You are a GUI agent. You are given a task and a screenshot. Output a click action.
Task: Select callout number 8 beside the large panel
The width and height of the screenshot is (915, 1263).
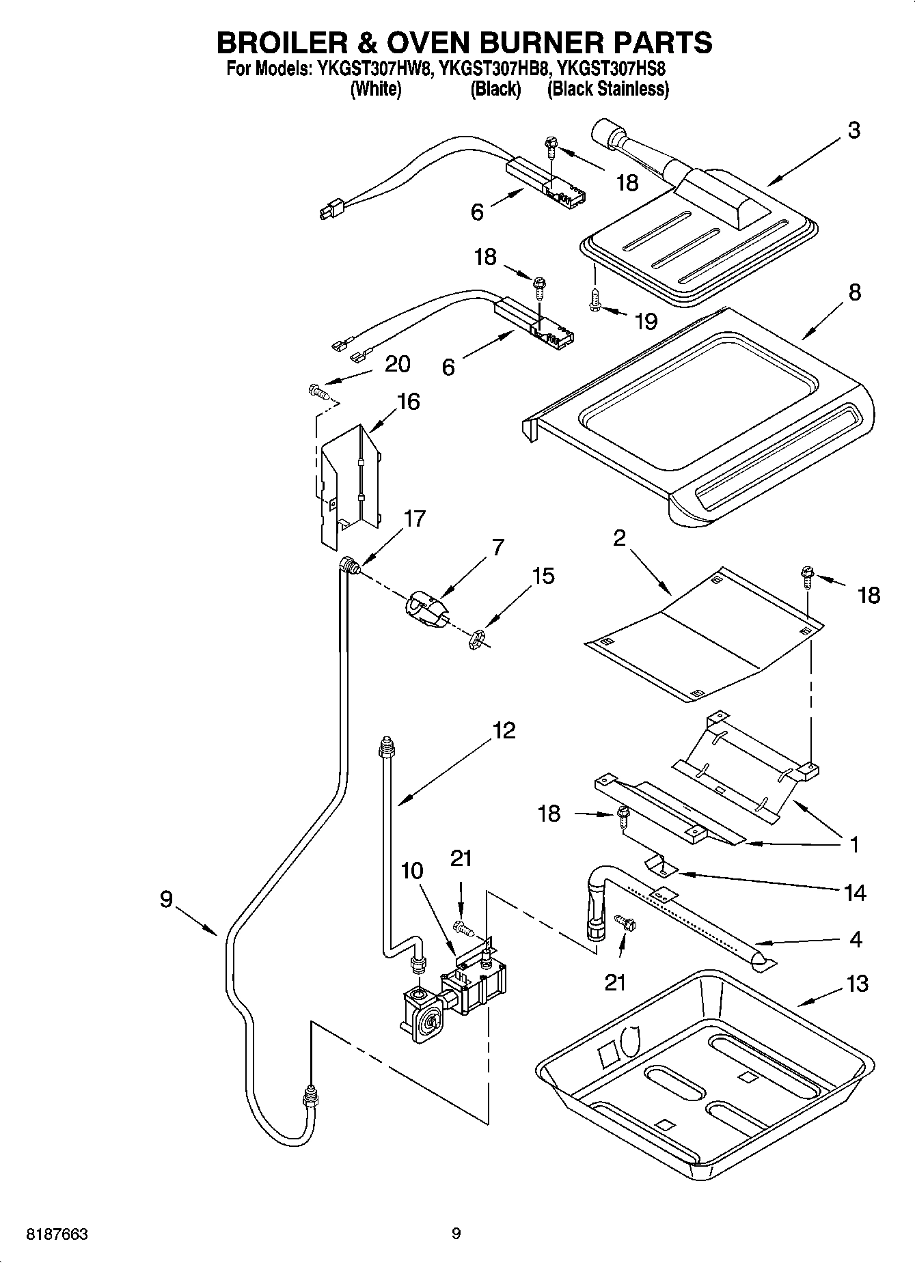click(854, 292)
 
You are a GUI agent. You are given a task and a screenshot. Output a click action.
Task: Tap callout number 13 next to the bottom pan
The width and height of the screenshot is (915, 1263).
click(857, 984)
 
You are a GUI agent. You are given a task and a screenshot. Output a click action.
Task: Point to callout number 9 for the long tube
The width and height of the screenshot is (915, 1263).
click(167, 900)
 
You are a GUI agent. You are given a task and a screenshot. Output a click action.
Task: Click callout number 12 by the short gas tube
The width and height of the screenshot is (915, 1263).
click(504, 730)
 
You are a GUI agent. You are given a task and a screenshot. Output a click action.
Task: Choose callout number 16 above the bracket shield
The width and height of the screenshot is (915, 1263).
click(408, 401)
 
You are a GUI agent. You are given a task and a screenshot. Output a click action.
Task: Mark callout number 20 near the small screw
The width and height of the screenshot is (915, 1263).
click(397, 364)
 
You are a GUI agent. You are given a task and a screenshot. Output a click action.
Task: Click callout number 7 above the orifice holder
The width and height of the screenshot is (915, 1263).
click(497, 547)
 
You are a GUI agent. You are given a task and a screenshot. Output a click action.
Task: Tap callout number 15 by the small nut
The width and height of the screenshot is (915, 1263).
click(543, 576)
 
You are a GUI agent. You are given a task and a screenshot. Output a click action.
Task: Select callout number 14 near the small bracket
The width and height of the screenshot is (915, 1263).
click(855, 892)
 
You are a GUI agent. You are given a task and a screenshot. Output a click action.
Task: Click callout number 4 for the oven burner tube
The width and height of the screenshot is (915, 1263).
click(856, 939)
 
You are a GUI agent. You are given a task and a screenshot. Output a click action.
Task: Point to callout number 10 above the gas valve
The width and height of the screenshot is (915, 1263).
click(412, 871)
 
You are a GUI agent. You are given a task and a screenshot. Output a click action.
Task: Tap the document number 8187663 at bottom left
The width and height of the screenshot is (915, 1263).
click(57, 1234)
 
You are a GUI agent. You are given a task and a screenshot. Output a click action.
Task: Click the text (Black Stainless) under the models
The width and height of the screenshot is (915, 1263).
click(607, 89)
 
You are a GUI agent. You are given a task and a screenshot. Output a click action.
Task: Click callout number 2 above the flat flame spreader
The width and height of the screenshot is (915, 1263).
click(619, 538)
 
